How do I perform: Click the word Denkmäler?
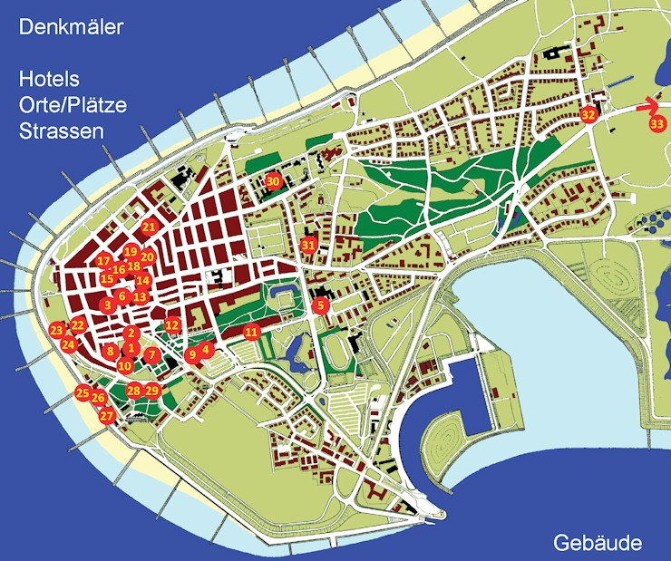(x=71, y=28)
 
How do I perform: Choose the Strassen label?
(x=61, y=131)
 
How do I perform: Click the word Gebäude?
(x=598, y=544)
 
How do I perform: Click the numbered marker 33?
(x=656, y=123)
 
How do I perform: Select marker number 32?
(x=588, y=115)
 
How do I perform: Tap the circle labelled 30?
(x=274, y=181)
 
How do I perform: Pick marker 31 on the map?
(x=309, y=245)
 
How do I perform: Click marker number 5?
(x=320, y=306)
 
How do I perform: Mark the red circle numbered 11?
(x=252, y=332)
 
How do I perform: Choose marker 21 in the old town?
(x=150, y=227)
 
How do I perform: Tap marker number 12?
(x=172, y=324)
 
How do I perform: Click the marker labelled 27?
(x=107, y=416)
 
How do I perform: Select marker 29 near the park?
(x=152, y=391)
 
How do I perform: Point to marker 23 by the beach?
(x=57, y=330)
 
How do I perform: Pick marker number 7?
(x=151, y=353)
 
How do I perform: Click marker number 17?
(x=103, y=261)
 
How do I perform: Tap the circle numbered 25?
(x=83, y=393)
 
